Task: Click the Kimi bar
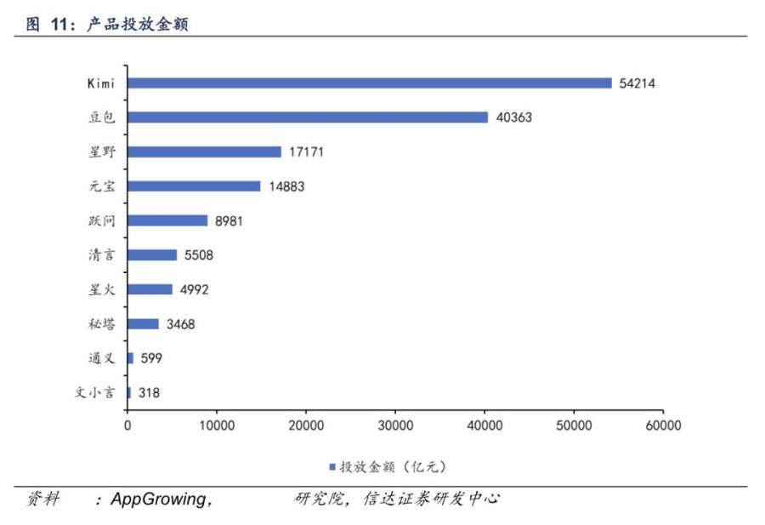click(x=370, y=83)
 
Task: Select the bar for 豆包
click(x=308, y=117)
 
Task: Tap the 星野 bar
click(x=204, y=151)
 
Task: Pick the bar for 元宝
click(x=194, y=186)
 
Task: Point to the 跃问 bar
click(x=167, y=220)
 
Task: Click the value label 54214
click(x=637, y=83)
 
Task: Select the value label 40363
click(x=513, y=117)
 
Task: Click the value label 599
click(x=151, y=358)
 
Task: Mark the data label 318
click(x=149, y=393)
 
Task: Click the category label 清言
click(x=102, y=255)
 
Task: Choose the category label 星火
click(x=102, y=289)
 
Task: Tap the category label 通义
click(x=102, y=358)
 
